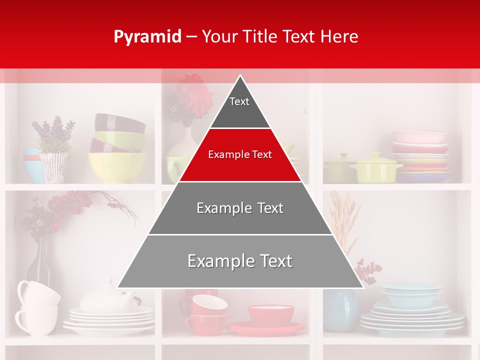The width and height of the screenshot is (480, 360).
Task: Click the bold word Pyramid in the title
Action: coord(147,36)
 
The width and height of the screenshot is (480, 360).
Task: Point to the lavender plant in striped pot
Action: coord(53,150)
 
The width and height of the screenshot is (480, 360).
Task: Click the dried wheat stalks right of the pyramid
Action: coord(345,220)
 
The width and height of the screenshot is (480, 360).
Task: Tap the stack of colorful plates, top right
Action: coord(420,155)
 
